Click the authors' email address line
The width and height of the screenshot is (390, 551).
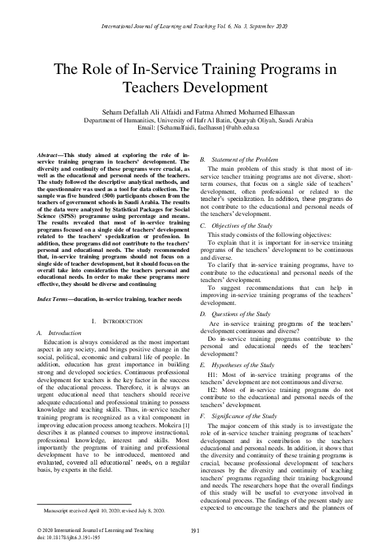(x=195, y=128)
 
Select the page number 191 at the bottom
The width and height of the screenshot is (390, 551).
(x=195, y=529)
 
